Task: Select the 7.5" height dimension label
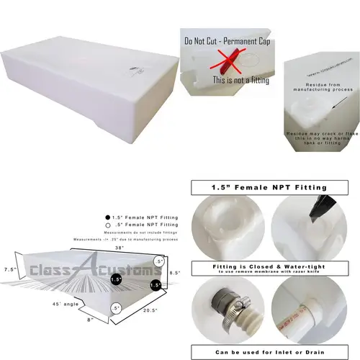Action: pos(9,269)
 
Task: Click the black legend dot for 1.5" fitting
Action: pos(108,217)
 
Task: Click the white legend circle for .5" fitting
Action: pos(108,225)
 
